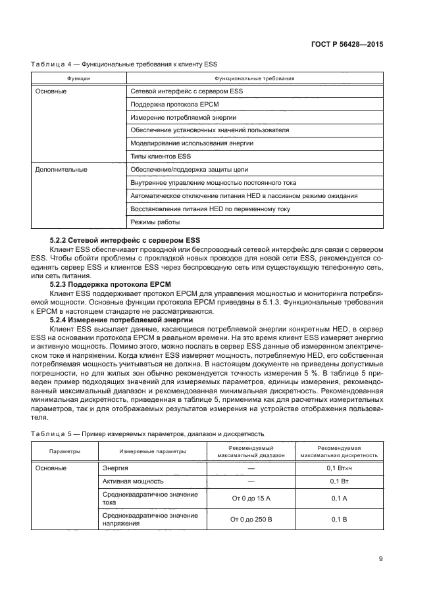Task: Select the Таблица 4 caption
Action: pyautogui.click(x=124, y=64)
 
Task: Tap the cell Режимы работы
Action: pyautogui.click(x=155, y=222)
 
